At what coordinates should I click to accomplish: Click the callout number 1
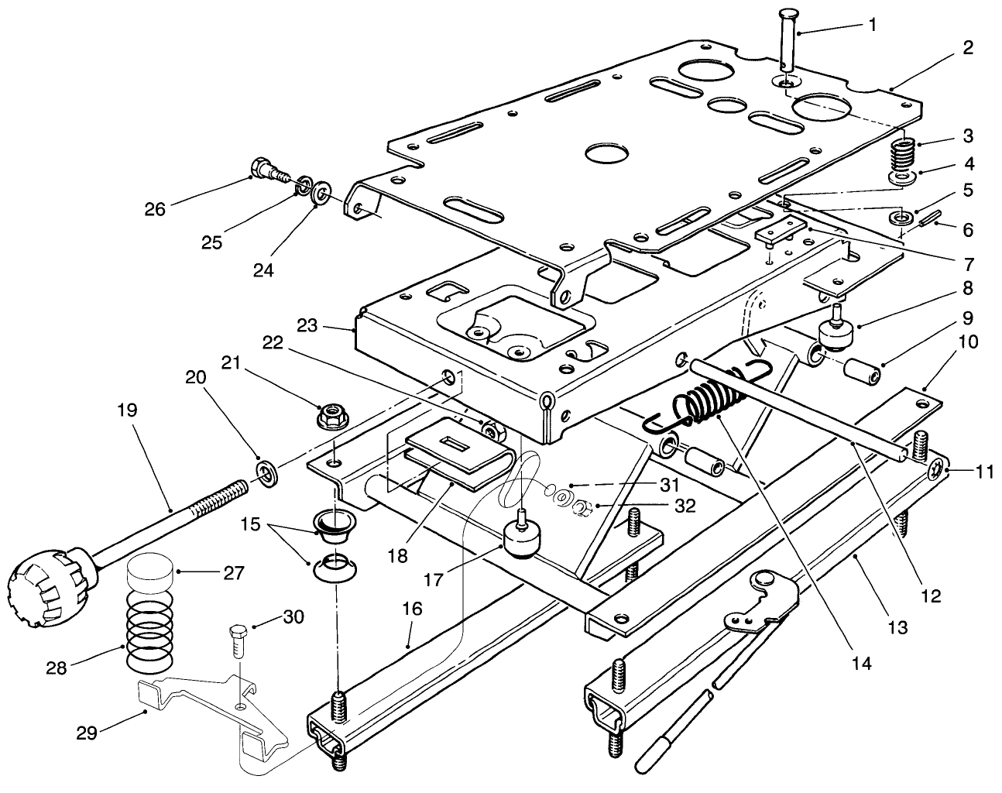[x=873, y=25]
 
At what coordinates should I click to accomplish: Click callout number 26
[x=155, y=209]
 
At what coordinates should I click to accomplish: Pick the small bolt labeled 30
[x=237, y=639]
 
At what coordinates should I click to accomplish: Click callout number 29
[x=87, y=733]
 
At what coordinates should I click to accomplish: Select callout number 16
[x=412, y=609]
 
